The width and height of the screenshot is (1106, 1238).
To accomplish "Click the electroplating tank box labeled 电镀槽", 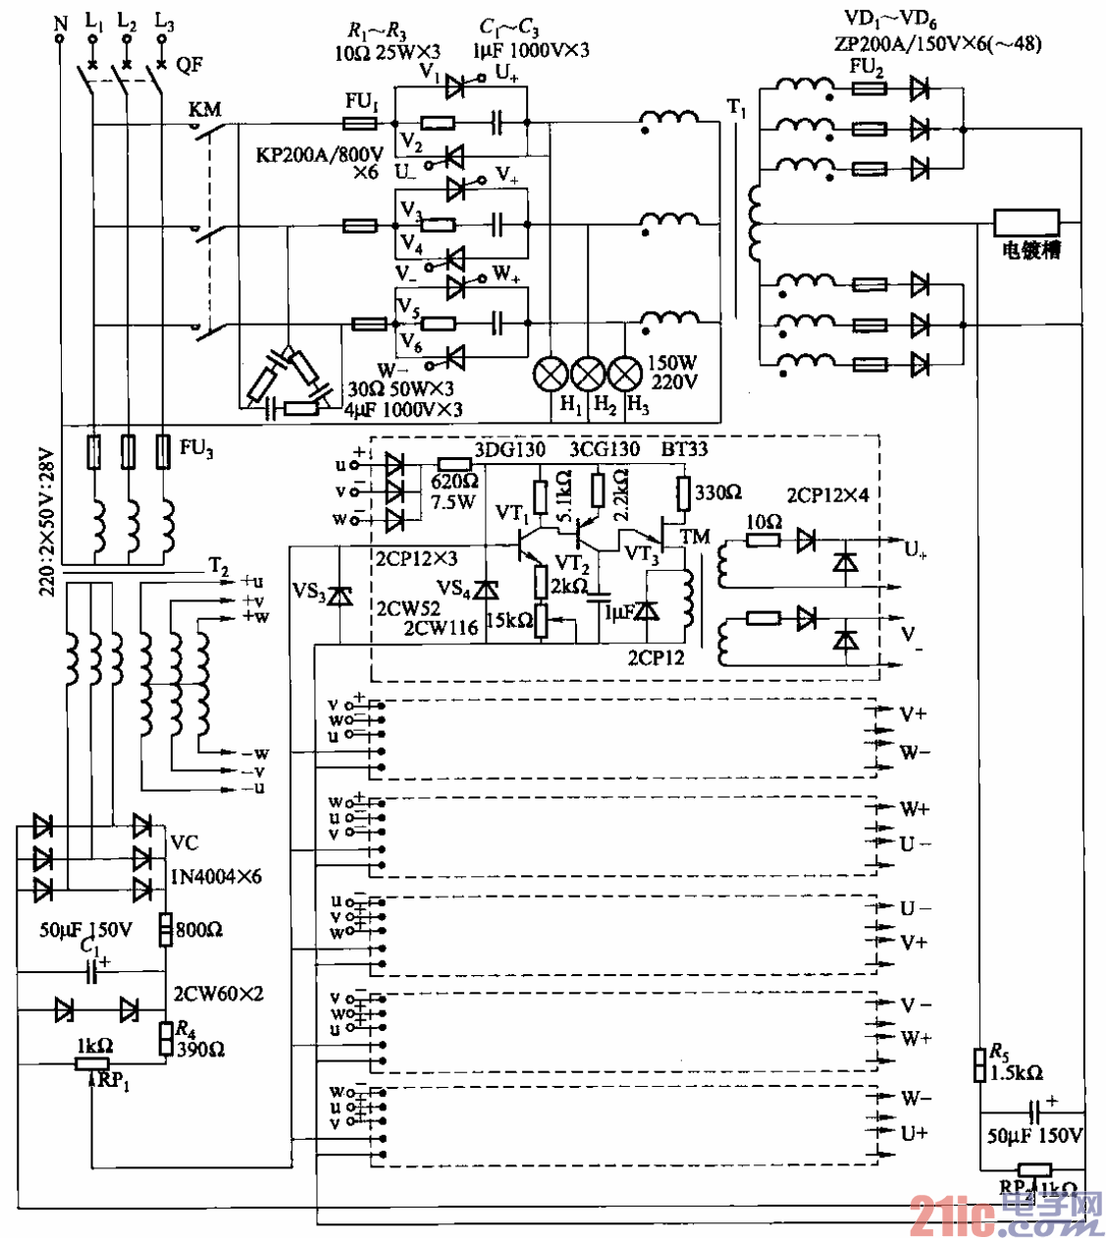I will (1027, 222).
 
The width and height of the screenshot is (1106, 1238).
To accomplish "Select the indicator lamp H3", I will (625, 374).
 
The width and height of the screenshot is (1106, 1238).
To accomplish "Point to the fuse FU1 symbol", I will (361, 123).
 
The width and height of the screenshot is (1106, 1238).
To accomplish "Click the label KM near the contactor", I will (205, 109).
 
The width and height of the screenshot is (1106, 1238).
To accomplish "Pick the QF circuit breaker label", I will (189, 65).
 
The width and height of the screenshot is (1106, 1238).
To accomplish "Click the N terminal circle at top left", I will (60, 39).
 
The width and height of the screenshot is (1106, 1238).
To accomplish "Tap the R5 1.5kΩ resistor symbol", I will (978, 1064).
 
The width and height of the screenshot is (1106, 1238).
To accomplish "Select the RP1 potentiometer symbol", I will (92, 1064).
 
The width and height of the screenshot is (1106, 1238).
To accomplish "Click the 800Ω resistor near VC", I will (166, 929).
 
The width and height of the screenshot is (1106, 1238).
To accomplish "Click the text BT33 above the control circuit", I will (684, 449).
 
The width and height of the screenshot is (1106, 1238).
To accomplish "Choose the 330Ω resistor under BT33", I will (684, 493).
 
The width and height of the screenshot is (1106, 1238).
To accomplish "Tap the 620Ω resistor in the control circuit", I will (453, 464).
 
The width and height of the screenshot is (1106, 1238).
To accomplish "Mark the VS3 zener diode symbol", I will (340, 594).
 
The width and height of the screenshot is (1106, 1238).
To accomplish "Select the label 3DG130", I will (510, 449).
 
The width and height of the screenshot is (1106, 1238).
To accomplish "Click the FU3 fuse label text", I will (196, 448).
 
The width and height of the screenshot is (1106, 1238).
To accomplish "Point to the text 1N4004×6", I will (216, 876).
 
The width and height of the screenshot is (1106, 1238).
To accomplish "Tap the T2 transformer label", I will (218, 567).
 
